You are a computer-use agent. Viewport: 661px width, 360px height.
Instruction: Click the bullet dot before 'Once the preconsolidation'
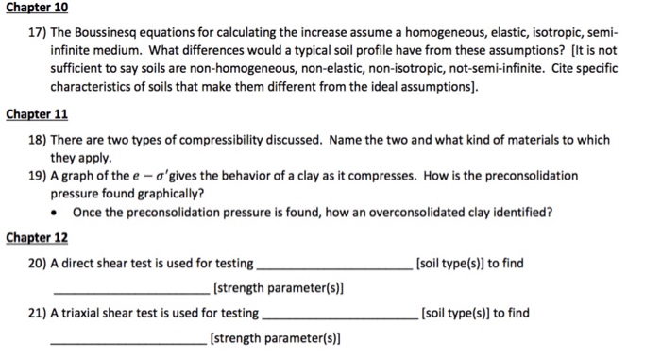click(x=58, y=212)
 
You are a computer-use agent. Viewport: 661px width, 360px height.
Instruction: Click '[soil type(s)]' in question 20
click(x=451, y=262)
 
